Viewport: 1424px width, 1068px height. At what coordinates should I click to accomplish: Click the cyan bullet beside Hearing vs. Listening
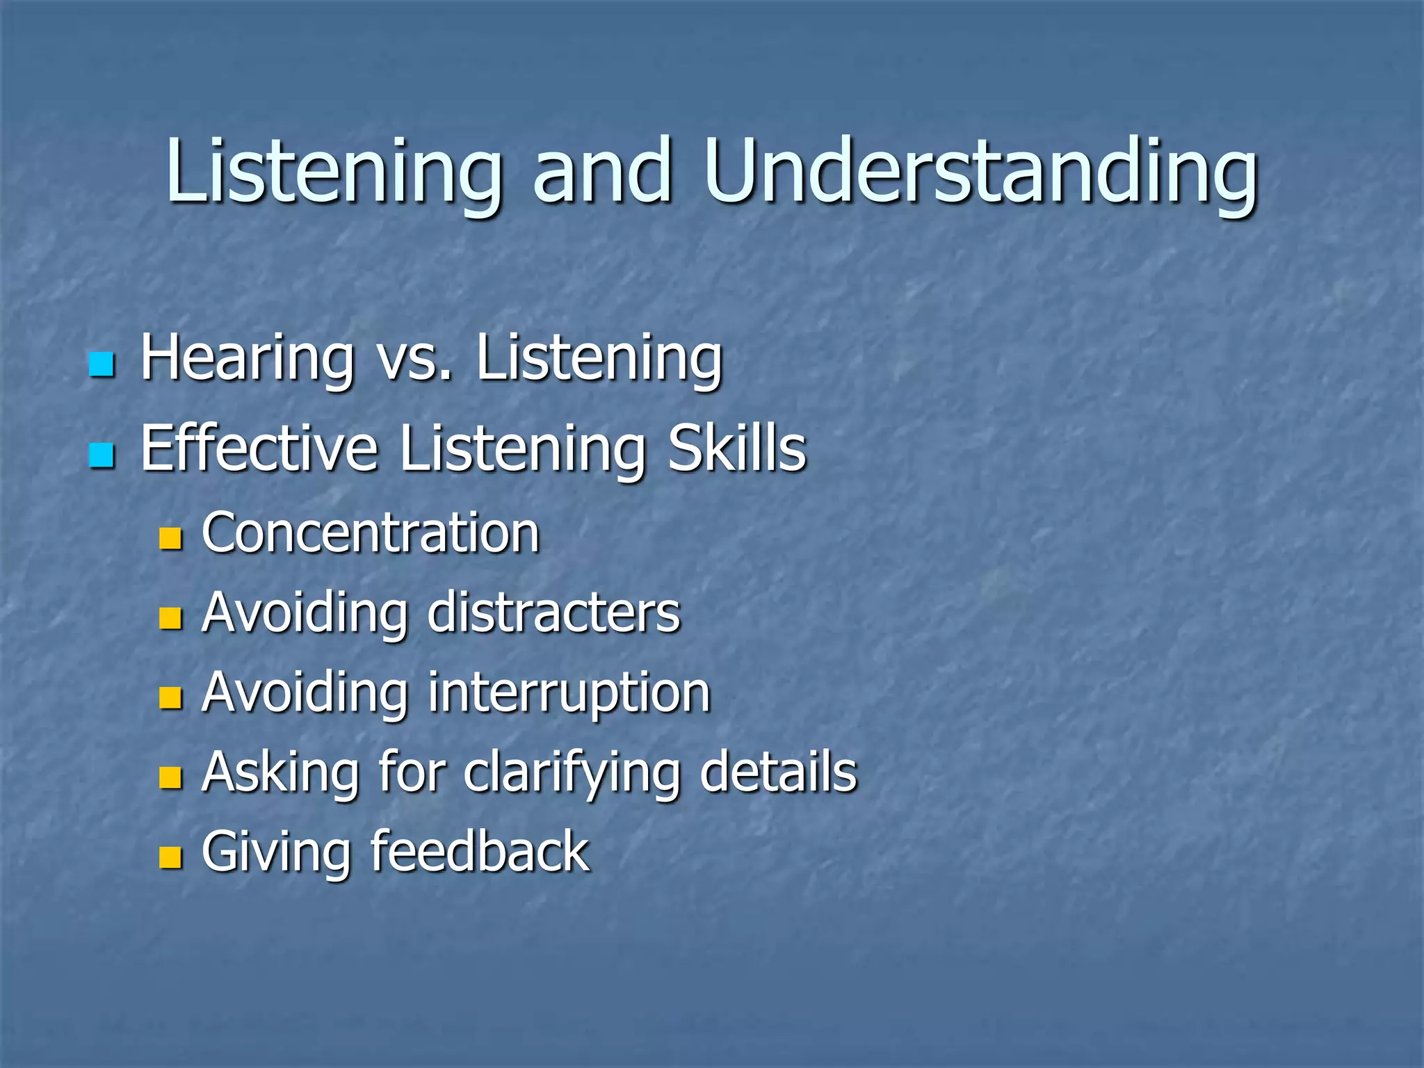[102, 364]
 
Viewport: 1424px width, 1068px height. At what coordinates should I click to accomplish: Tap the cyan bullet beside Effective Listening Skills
[102, 455]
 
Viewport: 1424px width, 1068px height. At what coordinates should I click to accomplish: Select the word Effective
[259, 448]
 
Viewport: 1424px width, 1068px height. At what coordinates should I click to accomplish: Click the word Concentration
[371, 533]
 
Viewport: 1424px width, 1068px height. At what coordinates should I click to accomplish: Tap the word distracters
[554, 613]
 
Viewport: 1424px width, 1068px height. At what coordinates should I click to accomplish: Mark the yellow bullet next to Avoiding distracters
[170, 618]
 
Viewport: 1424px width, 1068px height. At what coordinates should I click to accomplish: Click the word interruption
[569, 693]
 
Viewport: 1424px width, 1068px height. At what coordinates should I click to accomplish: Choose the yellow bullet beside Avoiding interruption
[170, 698]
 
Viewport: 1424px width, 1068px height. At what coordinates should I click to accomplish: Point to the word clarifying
[572, 773]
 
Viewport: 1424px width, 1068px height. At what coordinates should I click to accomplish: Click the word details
[778, 772]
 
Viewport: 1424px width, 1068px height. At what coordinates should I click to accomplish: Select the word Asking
[280, 773]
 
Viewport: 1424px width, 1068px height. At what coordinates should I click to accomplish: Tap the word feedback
[480, 852]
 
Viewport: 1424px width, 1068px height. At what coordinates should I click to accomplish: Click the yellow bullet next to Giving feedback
[170, 858]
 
